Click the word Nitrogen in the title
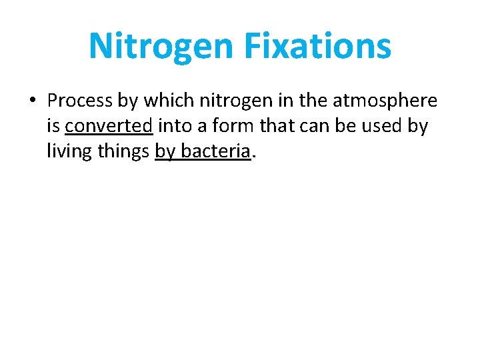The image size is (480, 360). (x=161, y=46)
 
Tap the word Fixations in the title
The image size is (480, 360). (x=317, y=46)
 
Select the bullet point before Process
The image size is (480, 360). (x=31, y=101)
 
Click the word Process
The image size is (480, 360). (x=81, y=101)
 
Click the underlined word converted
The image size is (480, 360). (x=109, y=126)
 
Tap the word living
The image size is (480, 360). (x=67, y=152)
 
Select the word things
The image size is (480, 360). (x=123, y=152)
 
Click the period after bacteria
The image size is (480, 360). (x=254, y=157)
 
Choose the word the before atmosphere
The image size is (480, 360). (x=313, y=101)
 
